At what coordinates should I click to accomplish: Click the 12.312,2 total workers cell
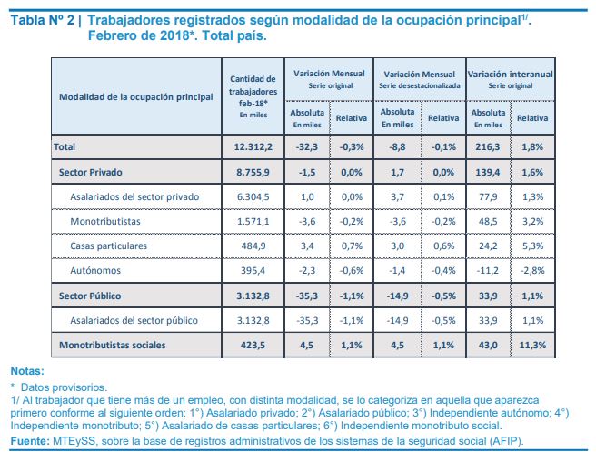click(x=253, y=147)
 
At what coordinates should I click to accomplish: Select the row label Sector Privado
click(x=91, y=172)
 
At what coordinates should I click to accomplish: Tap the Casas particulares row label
click(x=108, y=246)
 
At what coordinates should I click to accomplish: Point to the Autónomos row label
click(x=95, y=271)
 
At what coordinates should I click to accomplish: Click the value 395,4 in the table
click(x=253, y=271)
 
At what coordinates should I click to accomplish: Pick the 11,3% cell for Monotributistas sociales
click(x=532, y=346)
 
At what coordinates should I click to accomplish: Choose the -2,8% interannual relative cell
click(x=532, y=271)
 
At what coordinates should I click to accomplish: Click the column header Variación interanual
click(x=510, y=75)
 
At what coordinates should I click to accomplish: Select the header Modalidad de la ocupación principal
click(x=136, y=97)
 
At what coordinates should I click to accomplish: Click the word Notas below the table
click(x=27, y=371)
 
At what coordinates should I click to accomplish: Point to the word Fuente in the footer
click(x=30, y=441)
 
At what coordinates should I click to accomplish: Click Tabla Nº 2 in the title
click(x=43, y=20)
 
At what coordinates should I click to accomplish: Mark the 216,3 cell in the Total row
click(x=488, y=147)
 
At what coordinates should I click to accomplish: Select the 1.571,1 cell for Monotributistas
click(x=253, y=222)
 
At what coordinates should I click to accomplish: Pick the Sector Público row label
click(x=90, y=296)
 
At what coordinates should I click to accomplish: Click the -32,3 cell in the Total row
click(x=307, y=147)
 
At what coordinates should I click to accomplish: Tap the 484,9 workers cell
click(x=253, y=246)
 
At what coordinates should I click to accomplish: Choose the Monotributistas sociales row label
click(x=113, y=346)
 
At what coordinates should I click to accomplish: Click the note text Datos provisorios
click(x=64, y=387)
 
